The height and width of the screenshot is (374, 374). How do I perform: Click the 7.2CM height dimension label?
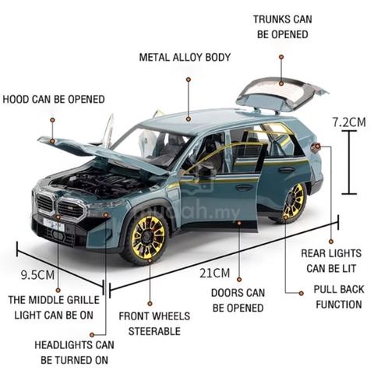[349, 122]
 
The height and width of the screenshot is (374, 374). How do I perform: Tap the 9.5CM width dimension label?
[38, 275]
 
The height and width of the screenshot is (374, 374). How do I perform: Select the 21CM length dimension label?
[215, 273]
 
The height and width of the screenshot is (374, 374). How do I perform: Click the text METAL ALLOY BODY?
[185, 58]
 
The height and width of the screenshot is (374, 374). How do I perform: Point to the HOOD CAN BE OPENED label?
[54, 99]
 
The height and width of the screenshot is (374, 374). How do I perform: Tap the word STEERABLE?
[154, 331]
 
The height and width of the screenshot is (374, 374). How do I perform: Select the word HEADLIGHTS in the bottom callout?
[63, 345]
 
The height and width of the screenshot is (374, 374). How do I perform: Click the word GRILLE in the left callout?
[82, 300]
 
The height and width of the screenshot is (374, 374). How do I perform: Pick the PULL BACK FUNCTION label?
[339, 297]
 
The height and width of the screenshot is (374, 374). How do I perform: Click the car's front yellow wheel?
[147, 238]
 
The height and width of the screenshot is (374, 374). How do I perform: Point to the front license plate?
[54, 225]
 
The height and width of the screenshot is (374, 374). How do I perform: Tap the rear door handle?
[286, 170]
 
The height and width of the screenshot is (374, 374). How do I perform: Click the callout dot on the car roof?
[189, 119]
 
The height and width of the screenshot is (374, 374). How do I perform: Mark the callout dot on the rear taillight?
[318, 146]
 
